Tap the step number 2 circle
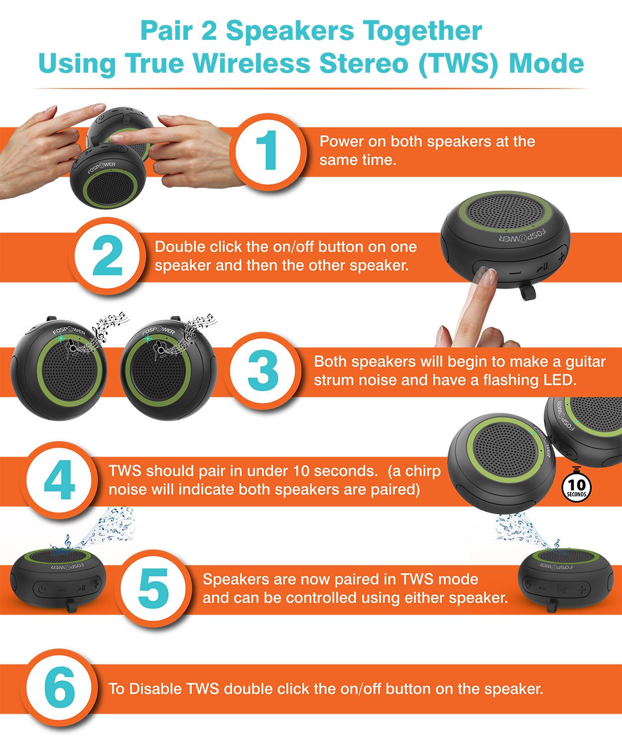108,256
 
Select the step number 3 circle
263,371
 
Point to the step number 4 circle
59,480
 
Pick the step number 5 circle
154,588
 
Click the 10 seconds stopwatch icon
577,486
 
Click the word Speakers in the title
291,31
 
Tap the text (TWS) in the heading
458,64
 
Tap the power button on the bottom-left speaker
42,590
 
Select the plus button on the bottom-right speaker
582,590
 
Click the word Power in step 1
341,142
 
